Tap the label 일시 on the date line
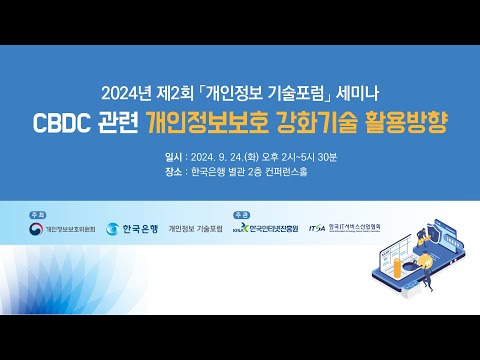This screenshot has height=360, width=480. (x=175, y=157)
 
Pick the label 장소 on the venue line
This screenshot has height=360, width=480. (x=175, y=170)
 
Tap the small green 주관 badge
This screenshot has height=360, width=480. (x=241, y=214)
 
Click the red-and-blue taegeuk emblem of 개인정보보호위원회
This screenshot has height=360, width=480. (x=37, y=229)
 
